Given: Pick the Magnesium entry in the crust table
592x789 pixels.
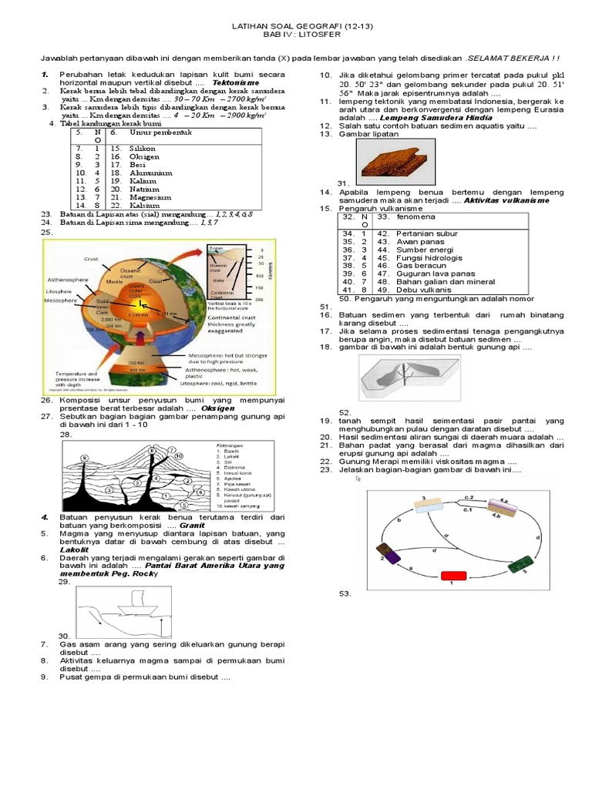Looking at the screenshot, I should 150,196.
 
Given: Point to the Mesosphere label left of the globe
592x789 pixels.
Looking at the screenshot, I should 62,300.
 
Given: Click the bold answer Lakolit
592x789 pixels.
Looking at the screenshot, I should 75,550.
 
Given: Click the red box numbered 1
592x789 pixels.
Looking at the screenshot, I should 454,575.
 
